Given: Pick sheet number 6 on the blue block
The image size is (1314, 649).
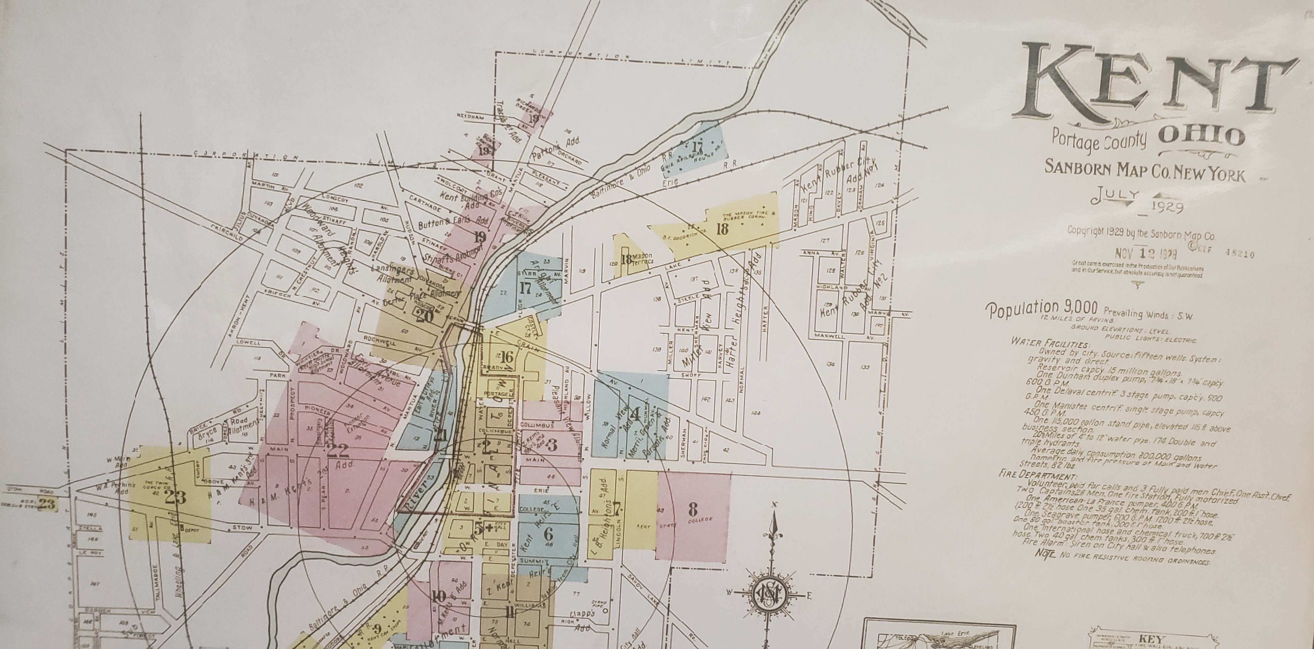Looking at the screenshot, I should (x=548, y=534).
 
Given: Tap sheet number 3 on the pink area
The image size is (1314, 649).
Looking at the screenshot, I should (x=551, y=445).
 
